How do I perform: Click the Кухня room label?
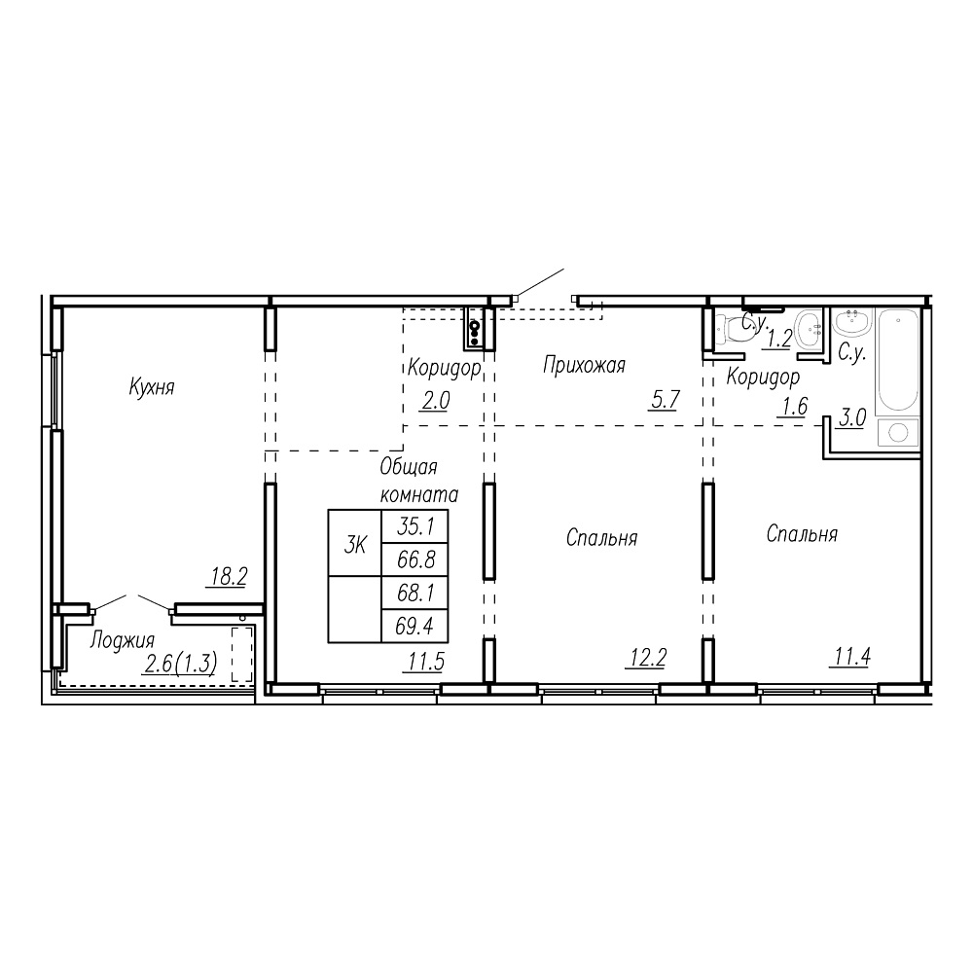point(152,387)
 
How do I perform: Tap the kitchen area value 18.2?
point(229,577)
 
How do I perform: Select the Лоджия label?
point(122,640)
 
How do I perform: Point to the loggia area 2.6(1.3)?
point(180,665)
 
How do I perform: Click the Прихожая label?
point(584,365)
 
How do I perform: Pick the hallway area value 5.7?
point(665,400)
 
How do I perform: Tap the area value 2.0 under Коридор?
point(436,401)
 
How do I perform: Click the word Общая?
point(409,467)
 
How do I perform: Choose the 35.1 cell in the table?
point(414,526)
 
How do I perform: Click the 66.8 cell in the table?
point(414,559)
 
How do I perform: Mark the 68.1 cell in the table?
point(414,593)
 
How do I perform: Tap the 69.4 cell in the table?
point(414,626)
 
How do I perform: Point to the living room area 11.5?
point(426,662)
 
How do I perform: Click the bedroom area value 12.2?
point(647,657)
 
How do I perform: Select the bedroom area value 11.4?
point(850,656)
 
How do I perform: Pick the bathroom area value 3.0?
point(852,418)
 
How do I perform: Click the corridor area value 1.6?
point(794,407)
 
